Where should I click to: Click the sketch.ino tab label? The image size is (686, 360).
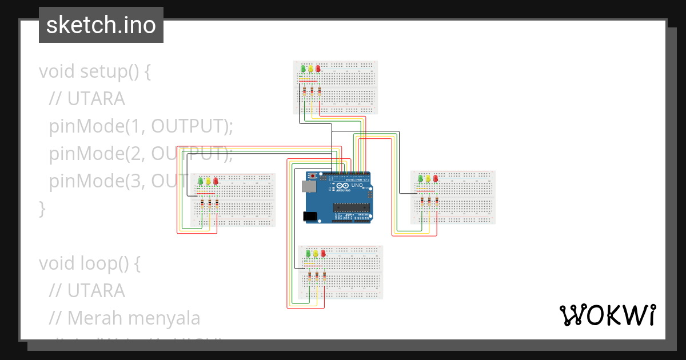[101, 25]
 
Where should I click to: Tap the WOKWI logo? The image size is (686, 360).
[607, 315]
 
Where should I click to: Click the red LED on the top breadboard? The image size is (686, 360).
[318, 69]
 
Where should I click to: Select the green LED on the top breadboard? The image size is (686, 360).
[303, 69]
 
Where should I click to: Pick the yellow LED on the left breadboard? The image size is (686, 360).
[208, 181]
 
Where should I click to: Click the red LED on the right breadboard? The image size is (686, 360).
[436, 178]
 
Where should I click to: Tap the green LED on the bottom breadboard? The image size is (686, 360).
[308, 253]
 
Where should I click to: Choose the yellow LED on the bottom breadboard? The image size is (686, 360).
[316, 253]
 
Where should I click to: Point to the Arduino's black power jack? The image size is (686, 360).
[309, 216]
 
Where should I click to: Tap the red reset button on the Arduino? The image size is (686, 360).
[312, 174]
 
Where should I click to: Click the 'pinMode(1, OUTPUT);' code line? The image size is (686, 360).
[141, 126]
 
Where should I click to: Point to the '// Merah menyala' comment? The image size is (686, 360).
[125, 318]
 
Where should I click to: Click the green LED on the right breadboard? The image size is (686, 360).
[421, 178]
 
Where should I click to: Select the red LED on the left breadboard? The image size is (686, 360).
[216, 181]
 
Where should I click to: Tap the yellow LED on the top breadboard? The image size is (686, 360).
[310, 69]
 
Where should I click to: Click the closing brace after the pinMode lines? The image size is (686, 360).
[42, 209]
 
